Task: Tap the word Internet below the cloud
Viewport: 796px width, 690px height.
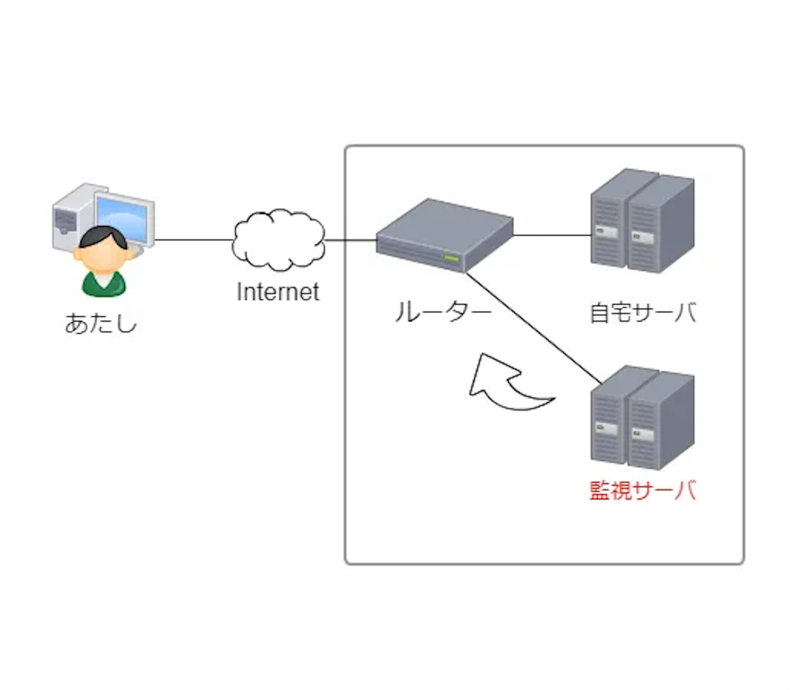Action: coord(278,292)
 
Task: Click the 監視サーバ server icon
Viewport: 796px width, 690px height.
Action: coord(642,418)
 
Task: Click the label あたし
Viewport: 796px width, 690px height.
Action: coord(101,323)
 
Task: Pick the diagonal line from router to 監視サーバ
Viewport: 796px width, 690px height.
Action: coord(533,327)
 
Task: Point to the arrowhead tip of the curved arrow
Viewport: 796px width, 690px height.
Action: coord(481,356)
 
